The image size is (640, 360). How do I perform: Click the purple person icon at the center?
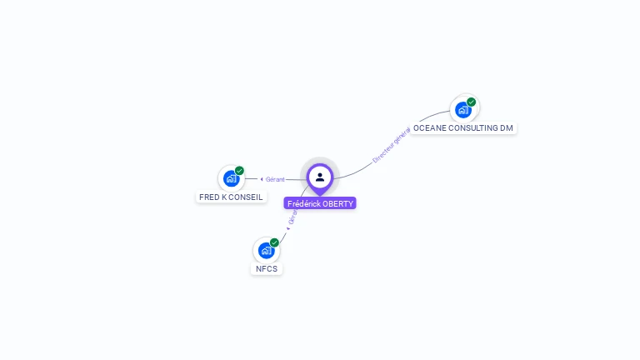tap(320, 177)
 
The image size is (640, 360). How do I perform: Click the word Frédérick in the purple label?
tap(304, 203)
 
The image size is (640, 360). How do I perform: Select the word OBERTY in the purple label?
tap(338, 203)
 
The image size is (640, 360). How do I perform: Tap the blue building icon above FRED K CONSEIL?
tap(231, 178)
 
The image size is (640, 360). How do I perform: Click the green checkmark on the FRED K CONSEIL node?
tap(239, 171)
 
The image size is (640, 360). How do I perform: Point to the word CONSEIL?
tap(246, 197)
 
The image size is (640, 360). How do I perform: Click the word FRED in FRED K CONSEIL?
tap(208, 197)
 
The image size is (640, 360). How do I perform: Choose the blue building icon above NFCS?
tap(266, 250)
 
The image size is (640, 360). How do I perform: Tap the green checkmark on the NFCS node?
tap(274, 242)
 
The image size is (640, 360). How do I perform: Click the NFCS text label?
tap(267, 269)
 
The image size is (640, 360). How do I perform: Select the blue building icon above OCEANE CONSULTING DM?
tap(462, 109)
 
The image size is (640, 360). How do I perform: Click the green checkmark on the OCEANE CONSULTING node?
tap(472, 102)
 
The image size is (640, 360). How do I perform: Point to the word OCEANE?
tap(430, 128)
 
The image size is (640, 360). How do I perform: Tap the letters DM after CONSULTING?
tap(507, 128)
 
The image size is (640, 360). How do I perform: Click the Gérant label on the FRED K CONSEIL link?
tap(276, 179)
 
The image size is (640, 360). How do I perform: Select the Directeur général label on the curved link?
tap(390, 143)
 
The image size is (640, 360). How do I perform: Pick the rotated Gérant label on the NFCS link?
tap(292, 217)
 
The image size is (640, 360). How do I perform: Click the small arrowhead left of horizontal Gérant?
tap(262, 179)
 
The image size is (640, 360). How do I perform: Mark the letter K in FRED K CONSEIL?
tap(223, 197)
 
